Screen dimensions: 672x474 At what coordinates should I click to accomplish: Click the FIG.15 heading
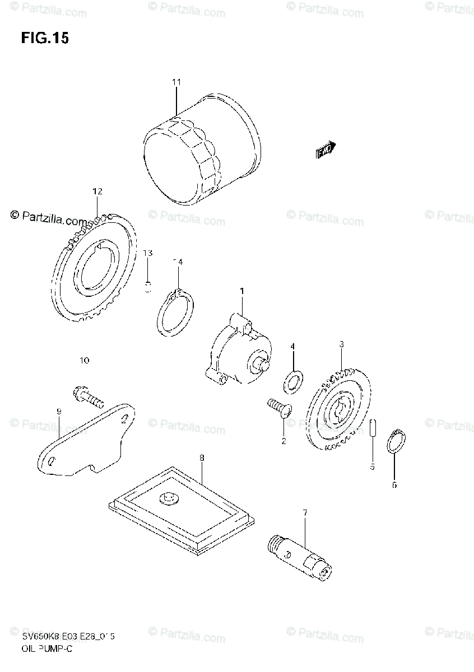[45, 38]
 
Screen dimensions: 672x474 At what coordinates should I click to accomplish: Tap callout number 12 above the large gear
[97, 192]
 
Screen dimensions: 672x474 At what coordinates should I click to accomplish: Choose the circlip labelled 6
[397, 442]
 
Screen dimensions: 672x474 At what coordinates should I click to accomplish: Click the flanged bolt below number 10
[88, 398]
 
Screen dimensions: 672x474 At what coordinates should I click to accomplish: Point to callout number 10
[85, 361]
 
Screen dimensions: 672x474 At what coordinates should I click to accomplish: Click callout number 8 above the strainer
[202, 458]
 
